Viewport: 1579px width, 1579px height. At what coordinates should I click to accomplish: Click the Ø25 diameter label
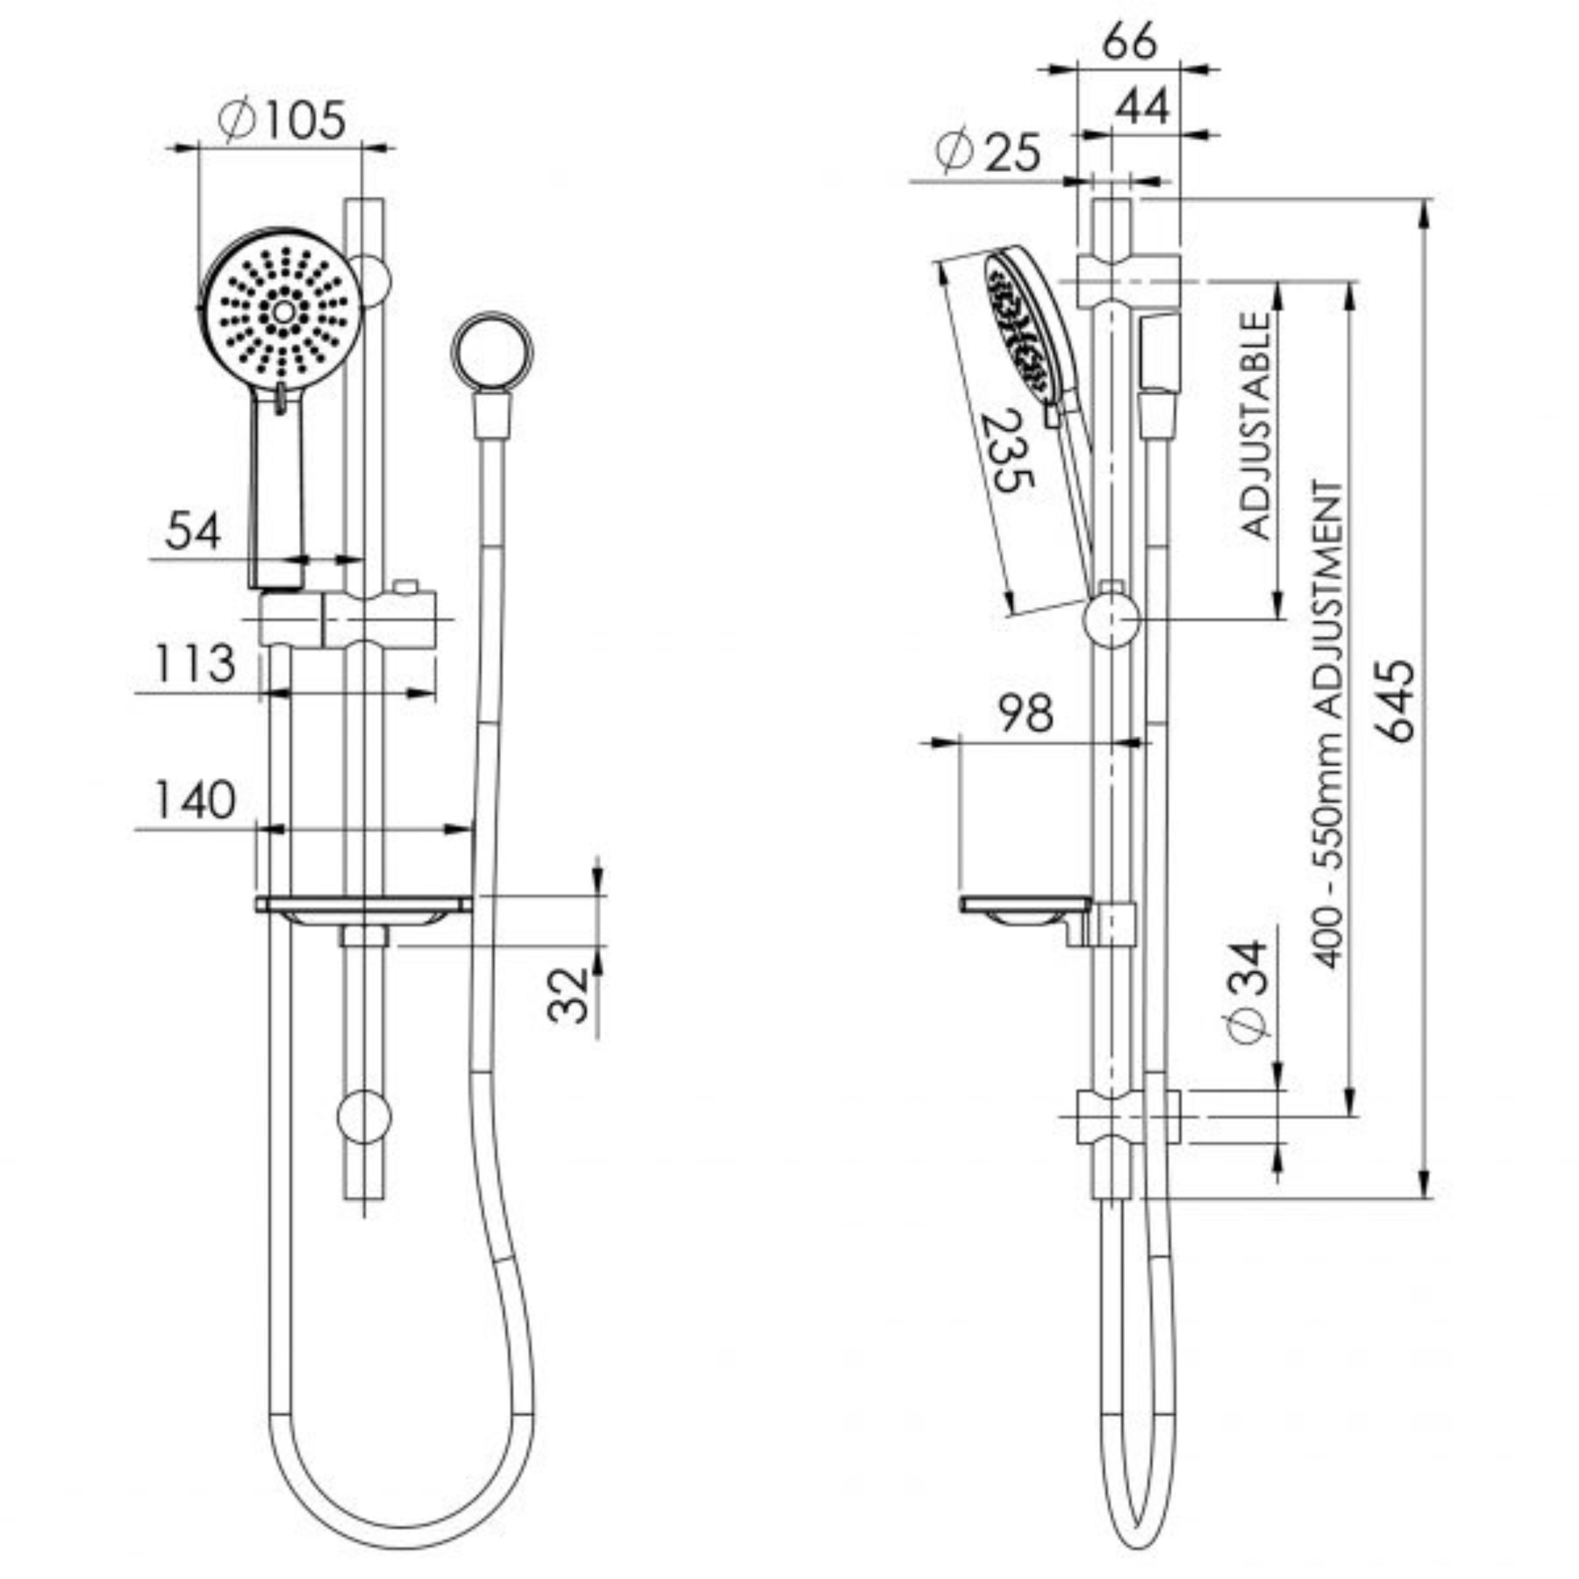(x=989, y=152)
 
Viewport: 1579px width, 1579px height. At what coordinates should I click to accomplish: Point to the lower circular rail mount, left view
(x=364, y=1116)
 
